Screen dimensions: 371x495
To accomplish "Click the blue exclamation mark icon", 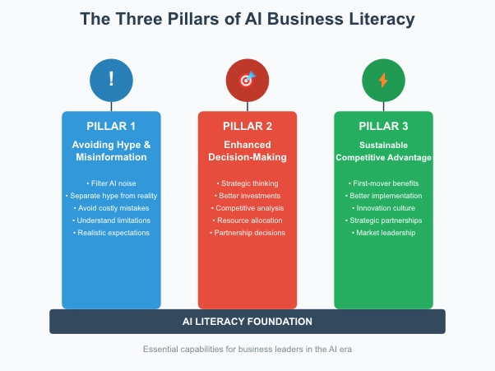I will point(111,80).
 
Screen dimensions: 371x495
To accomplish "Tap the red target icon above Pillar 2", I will point(247,80).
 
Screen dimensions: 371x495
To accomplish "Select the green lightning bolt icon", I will point(383,80).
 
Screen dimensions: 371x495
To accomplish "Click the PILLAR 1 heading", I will point(111,126).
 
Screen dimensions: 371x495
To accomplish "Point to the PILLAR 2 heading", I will point(247,126).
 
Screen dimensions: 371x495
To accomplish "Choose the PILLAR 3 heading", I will point(383,126).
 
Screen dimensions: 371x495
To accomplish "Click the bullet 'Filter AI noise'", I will point(111,183).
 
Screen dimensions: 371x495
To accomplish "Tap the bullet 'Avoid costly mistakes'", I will point(111,208).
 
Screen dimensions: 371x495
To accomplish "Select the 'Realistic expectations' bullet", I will point(111,233).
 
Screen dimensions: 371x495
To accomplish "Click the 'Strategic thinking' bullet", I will point(247,183).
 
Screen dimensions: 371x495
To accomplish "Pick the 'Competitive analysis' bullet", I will point(247,208).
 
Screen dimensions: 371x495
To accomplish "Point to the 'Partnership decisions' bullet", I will point(247,233).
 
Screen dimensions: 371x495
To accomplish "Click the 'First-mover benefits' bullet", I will point(383,183).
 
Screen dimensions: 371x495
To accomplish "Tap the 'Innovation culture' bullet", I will point(383,208).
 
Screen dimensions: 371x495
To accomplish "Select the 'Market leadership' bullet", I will point(383,233).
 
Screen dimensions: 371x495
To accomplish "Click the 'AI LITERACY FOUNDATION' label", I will point(247,321).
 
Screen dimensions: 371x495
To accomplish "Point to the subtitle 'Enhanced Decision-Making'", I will point(247,151).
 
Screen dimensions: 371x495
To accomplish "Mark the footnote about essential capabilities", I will point(247,350).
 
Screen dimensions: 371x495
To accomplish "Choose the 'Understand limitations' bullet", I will point(111,220).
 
